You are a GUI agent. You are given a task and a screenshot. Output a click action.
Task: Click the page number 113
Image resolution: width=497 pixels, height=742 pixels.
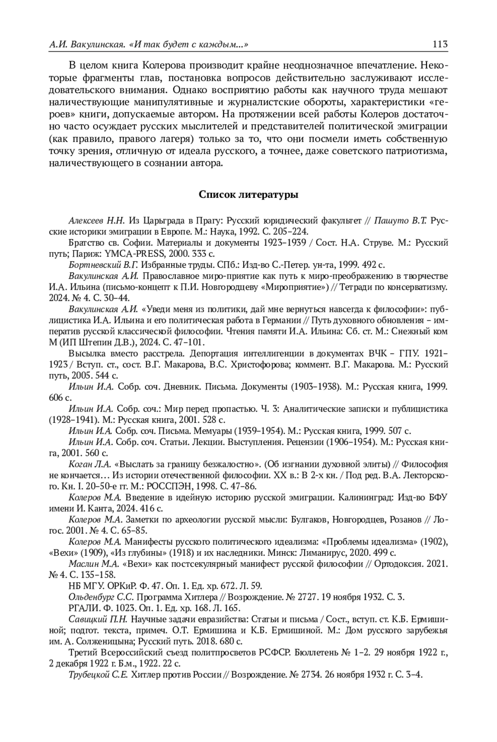440,44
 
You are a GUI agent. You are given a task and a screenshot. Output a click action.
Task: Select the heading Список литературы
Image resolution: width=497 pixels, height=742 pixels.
248,194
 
